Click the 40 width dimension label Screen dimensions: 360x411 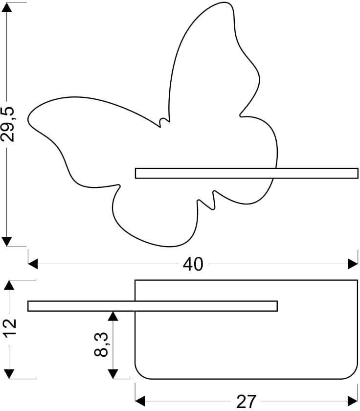pos(193,264)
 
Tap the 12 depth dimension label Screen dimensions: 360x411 pos(10,327)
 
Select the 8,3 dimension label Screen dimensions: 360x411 pos(101,344)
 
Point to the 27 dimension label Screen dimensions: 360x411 pos(246,402)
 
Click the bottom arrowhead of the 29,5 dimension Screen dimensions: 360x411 pos(7,241)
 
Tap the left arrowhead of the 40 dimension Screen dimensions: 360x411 pos(33,264)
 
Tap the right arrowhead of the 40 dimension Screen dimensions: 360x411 pos(353,264)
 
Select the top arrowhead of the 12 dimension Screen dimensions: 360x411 pos(9,285)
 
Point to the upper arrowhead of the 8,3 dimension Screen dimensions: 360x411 pos(113,316)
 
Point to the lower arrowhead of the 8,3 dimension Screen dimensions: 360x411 pos(113,374)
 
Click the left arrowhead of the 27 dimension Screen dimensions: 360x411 pos(140,401)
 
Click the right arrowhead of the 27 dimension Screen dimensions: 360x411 pos(353,401)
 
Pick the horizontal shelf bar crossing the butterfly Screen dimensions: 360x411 pos(247,173)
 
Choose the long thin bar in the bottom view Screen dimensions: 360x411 pos(153,306)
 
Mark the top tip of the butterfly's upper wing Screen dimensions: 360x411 pos(225,2)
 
